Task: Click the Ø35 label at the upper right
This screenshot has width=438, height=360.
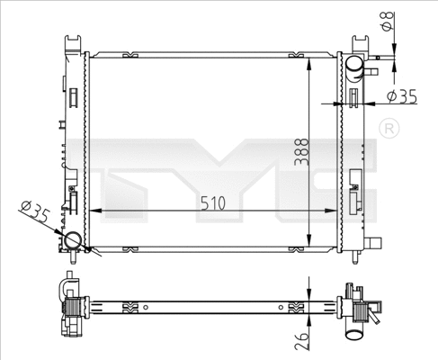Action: tap(402, 95)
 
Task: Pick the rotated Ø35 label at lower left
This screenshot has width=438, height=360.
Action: tap(33, 214)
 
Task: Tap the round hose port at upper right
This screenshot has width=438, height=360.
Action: tap(354, 66)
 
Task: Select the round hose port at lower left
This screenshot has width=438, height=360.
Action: tap(72, 241)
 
